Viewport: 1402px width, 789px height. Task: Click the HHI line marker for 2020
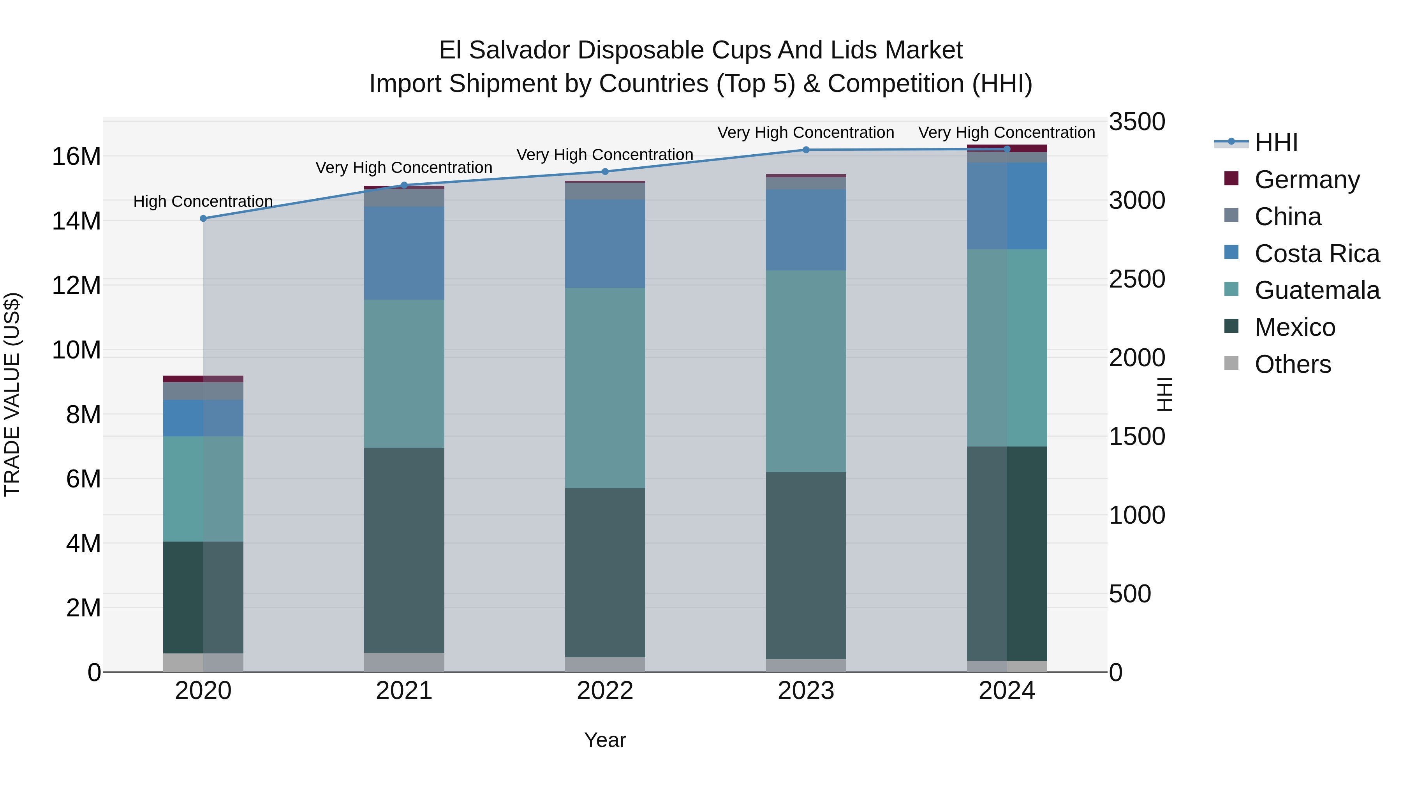pos(203,218)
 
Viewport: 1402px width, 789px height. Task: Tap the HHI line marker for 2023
pos(806,150)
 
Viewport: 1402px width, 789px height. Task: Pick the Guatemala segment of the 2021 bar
pos(404,374)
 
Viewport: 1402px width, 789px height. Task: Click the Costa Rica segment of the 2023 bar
pos(806,230)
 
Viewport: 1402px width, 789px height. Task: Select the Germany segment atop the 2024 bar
pos(1007,148)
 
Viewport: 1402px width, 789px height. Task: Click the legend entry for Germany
pos(1307,180)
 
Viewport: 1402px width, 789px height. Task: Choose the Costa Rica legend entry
pos(1317,254)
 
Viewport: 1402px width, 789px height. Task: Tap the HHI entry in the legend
pos(1276,143)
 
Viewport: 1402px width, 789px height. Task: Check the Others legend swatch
pos(1231,363)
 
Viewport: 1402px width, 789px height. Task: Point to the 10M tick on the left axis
pos(76,350)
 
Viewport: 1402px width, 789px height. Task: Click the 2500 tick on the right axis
pos(1137,279)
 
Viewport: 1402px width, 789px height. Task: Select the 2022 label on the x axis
pos(605,691)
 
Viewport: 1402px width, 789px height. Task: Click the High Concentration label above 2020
pos(203,201)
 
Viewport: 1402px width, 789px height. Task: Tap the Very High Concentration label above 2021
pos(404,168)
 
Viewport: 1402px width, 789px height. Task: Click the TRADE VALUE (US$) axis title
pos(12,394)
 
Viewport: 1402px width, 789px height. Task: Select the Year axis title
pos(605,740)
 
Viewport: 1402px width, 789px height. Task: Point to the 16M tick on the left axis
pos(76,157)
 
